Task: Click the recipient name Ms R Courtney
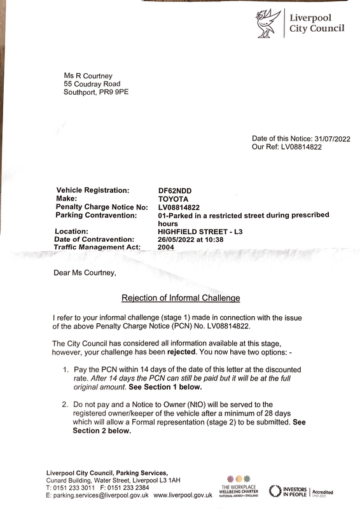pos(87,74)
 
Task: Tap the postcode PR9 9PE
pos(114,92)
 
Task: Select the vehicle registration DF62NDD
pos(175,190)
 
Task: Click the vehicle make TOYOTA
pos(173,199)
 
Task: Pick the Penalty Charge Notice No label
pos(102,207)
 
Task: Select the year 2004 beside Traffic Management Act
pos(166,247)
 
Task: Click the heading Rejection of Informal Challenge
pos(179,297)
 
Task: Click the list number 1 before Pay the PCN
pos(66,370)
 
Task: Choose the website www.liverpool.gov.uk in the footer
pos(183,494)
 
